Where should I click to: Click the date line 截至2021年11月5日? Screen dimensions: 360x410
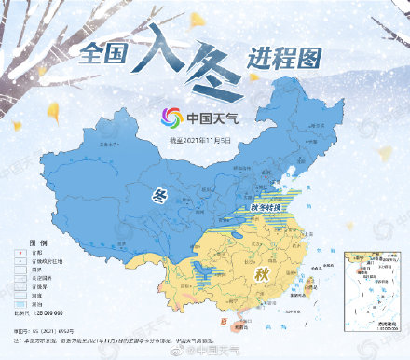198,139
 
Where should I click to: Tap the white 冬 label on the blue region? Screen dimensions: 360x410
159,197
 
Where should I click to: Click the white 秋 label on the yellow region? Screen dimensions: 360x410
260,277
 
